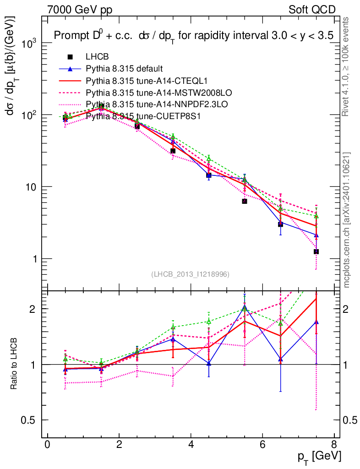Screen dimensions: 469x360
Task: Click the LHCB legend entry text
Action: (x=98, y=57)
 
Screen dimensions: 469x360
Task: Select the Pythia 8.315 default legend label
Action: (x=124, y=69)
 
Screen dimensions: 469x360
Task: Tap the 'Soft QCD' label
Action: (x=312, y=10)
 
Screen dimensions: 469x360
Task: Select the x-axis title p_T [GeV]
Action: (x=319, y=457)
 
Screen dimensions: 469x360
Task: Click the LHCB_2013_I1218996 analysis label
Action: (x=190, y=274)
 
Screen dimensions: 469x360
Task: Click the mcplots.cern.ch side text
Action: (x=347, y=219)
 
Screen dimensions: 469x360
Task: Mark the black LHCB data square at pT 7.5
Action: (x=316, y=252)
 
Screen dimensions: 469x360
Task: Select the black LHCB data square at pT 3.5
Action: (x=173, y=151)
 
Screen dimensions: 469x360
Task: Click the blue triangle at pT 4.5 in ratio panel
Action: (x=209, y=364)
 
